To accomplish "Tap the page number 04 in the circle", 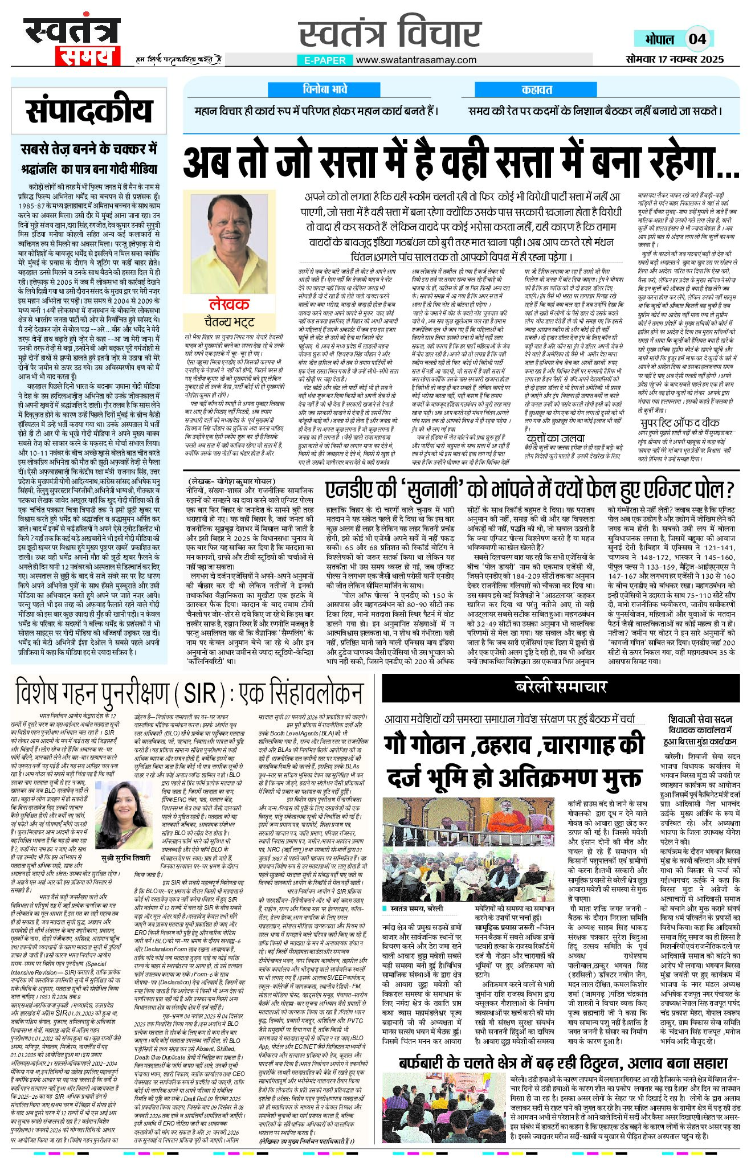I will [697, 39].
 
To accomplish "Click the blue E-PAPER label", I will [324, 60].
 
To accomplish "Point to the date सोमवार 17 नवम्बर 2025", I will [674, 59].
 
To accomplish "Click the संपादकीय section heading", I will [89, 111].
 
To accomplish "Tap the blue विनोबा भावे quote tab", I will [325, 89].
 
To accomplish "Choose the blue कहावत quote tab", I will [537, 89].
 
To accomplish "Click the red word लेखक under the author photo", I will [229, 304].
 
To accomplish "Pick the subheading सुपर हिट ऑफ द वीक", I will [680, 423].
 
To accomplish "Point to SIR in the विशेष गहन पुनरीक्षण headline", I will [199, 693].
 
